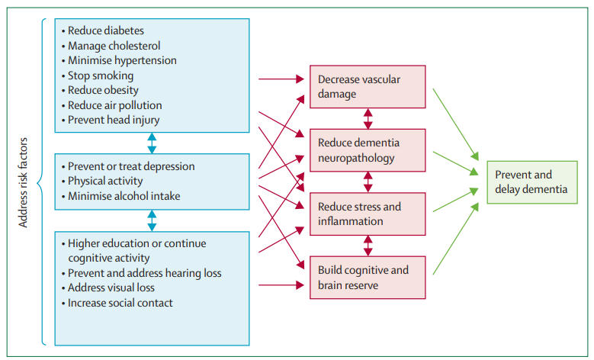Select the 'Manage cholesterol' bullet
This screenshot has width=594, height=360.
[x=114, y=46]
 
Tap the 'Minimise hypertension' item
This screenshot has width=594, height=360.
[x=122, y=60]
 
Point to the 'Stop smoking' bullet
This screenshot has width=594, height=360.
[x=101, y=76]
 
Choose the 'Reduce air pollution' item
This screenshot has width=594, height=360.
[x=114, y=105]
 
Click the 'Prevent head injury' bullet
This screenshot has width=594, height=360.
[x=114, y=120]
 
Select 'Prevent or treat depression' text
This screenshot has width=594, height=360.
[x=131, y=166]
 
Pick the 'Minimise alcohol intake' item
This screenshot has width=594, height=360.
[x=124, y=196]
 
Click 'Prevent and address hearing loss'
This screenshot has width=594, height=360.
[x=145, y=273]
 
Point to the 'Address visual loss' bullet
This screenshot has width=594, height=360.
[x=111, y=288]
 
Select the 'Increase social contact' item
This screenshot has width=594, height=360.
[x=120, y=303]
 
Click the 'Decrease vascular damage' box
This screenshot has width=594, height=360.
[x=367, y=86]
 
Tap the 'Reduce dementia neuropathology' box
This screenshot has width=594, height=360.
[x=367, y=150]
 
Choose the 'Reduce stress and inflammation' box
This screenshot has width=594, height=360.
[x=367, y=214]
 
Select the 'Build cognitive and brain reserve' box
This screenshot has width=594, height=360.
[x=367, y=277]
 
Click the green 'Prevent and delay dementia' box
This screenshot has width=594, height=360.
[x=530, y=182]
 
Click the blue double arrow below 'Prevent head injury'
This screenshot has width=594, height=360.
[x=152, y=143]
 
